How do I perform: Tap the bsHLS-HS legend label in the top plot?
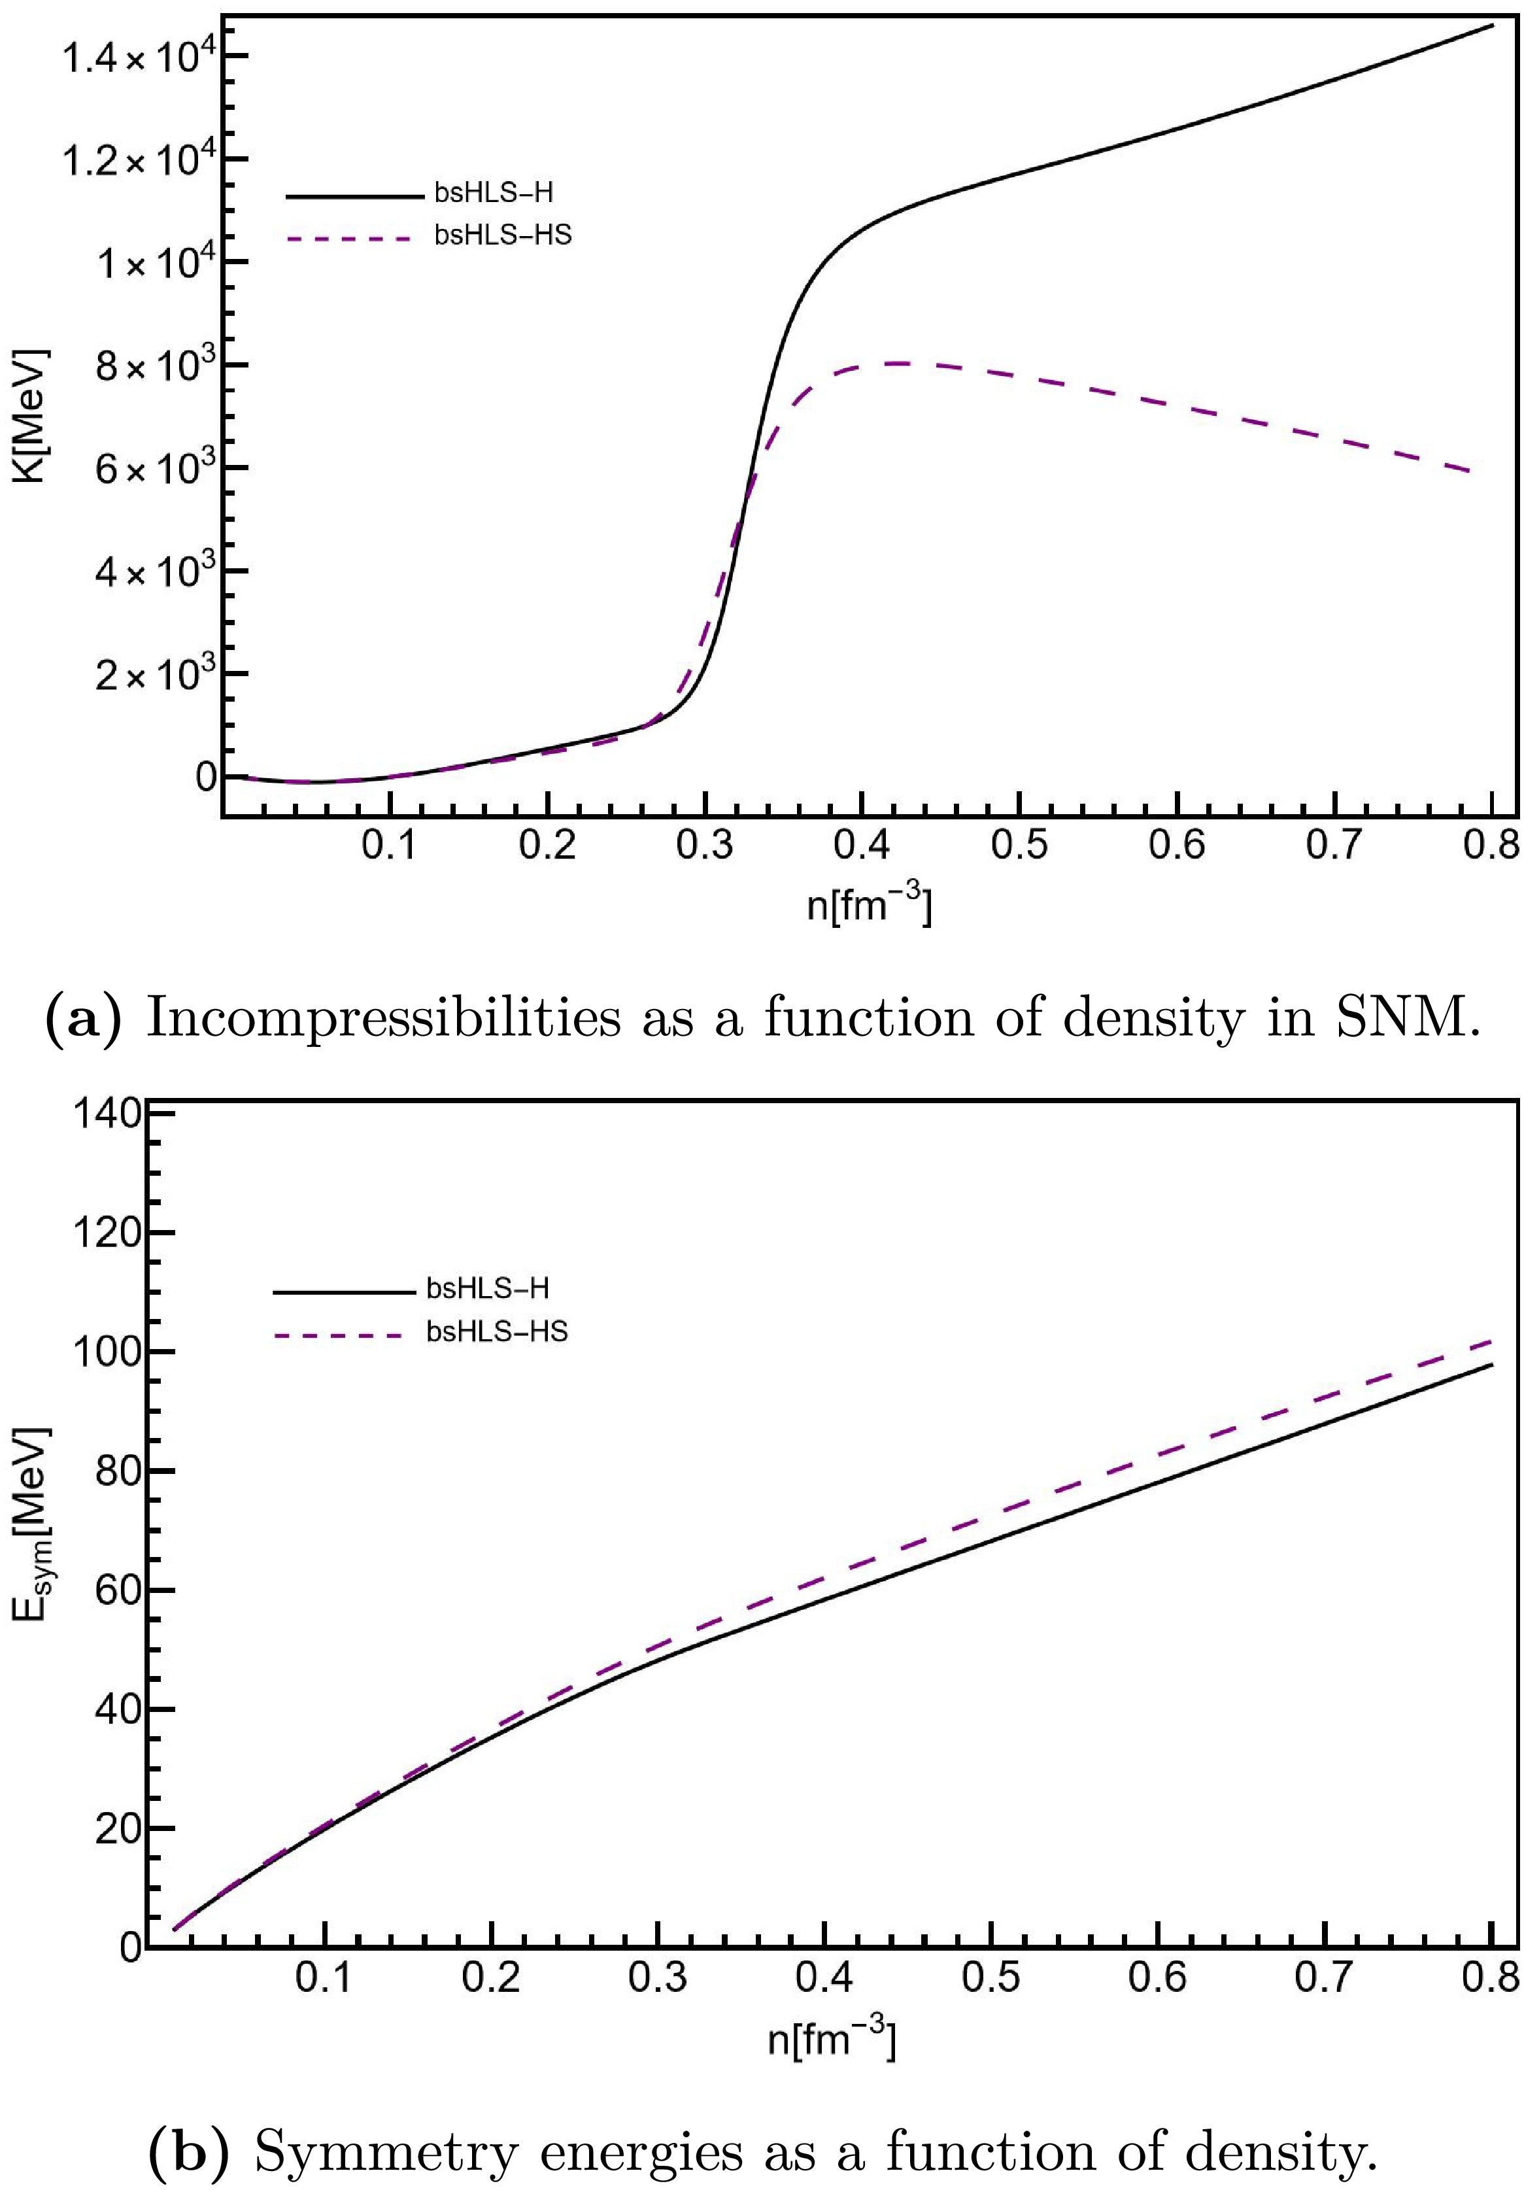(x=503, y=235)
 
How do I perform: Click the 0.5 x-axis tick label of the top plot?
(x=1019, y=845)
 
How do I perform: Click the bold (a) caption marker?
(x=85, y=1019)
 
